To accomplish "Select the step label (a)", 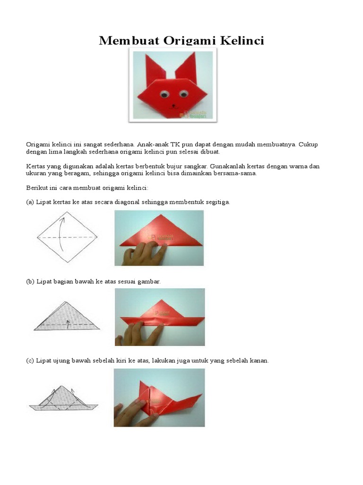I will [30, 202].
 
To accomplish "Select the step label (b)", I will [30, 281].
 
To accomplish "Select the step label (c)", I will [30, 360].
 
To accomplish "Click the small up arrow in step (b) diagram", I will [68, 323].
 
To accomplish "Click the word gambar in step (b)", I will [150, 281].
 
